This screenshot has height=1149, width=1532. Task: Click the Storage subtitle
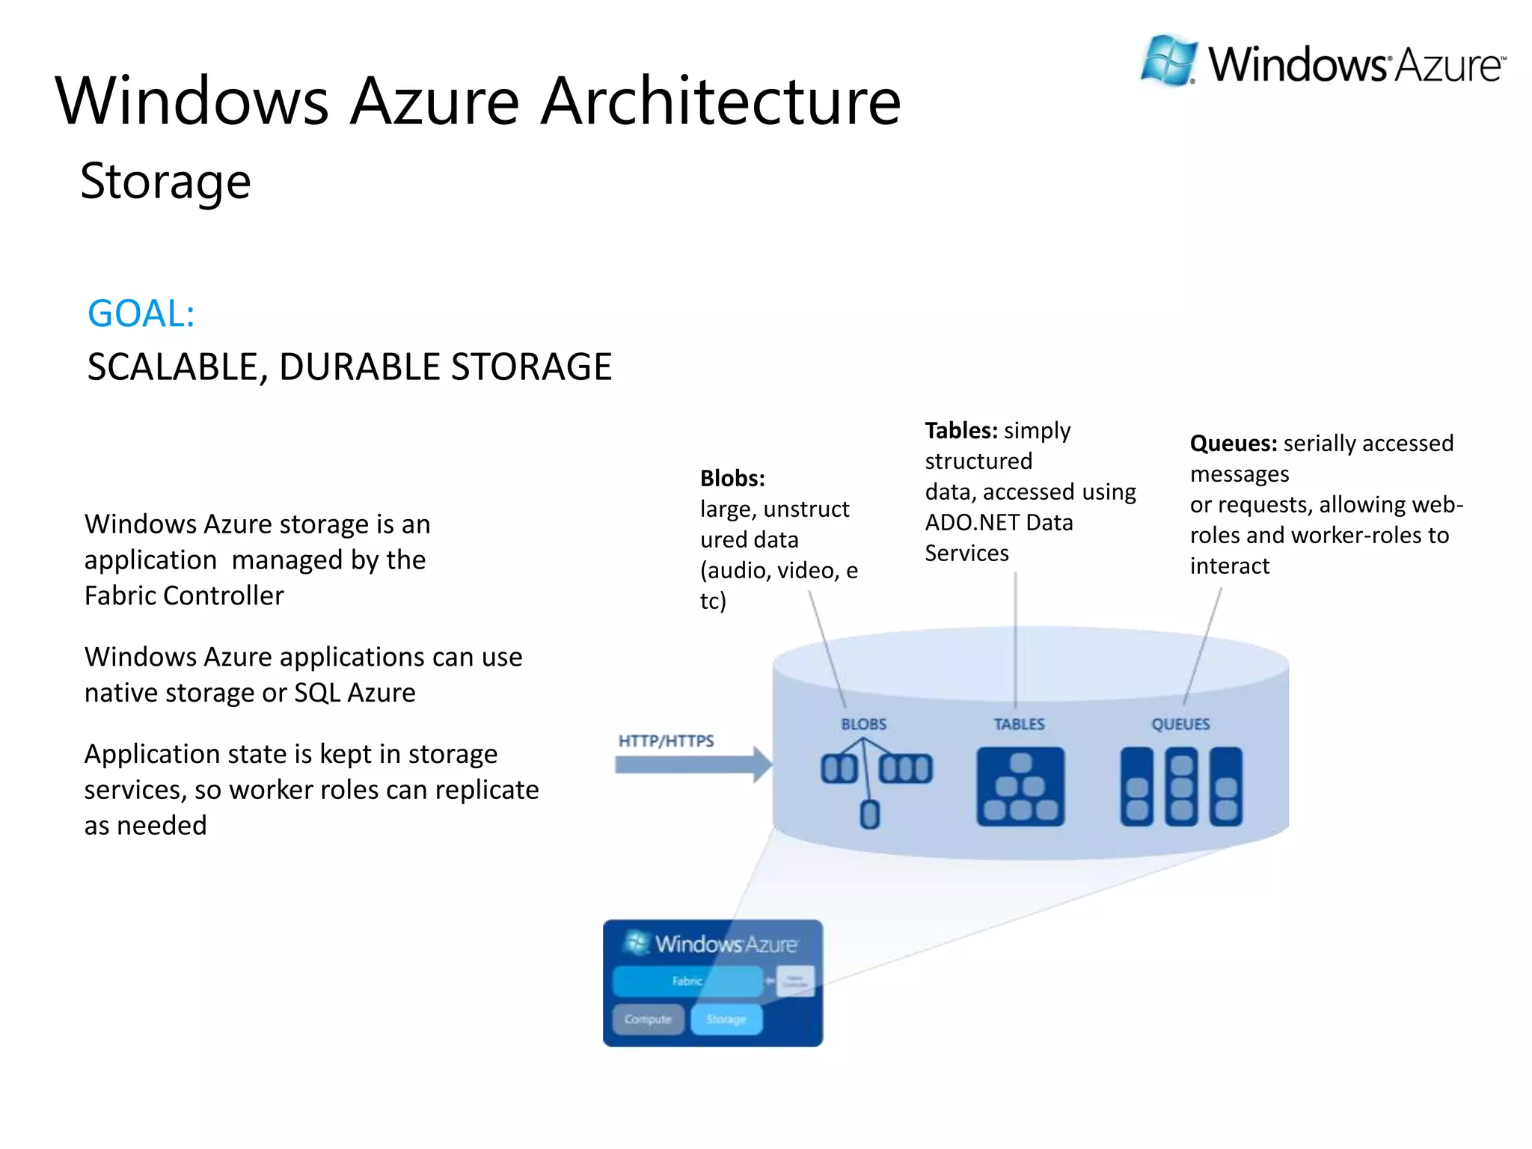click(x=165, y=182)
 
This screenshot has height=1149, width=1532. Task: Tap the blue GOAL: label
click(x=141, y=313)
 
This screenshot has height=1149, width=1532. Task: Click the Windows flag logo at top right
click(x=1168, y=60)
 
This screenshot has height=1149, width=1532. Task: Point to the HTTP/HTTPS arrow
click(x=692, y=765)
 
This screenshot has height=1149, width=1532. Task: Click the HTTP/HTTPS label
click(x=666, y=741)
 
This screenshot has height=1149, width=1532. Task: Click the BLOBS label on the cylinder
click(x=863, y=724)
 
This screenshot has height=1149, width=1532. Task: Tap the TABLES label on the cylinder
click(x=1019, y=724)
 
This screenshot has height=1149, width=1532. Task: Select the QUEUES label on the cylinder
click(x=1180, y=724)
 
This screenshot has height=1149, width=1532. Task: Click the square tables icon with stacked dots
click(x=1020, y=786)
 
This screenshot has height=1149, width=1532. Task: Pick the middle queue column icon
click(x=1181, y=786)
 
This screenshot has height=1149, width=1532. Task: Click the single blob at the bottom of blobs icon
click(x=869, y=814)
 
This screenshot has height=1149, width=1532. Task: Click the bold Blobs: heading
click(x=732, y=478)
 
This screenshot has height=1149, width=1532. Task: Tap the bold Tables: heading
click(x=961, y=431)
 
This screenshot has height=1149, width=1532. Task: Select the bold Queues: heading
click(x=1233, y=444)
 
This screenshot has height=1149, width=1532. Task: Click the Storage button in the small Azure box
click(x=726, y=1019)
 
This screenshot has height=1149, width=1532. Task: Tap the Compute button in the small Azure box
click(x=648, y=1019)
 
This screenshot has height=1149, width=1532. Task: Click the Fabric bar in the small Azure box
click(x=687, y=981)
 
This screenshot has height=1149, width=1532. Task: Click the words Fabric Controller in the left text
click(x=184, y=596)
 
